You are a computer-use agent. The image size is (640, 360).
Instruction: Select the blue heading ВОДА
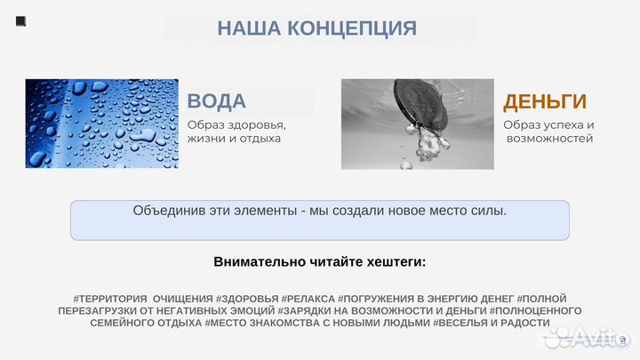217,100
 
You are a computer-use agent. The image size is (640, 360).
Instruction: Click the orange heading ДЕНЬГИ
545,100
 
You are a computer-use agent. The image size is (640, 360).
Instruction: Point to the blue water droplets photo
101,124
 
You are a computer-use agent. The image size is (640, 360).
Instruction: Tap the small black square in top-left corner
20,20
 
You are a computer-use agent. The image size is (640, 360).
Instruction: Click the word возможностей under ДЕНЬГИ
549,139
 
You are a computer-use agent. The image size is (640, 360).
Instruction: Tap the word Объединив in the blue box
169,211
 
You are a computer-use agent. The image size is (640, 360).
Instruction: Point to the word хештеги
392,261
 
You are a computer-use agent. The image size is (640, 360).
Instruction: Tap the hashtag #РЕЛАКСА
308,298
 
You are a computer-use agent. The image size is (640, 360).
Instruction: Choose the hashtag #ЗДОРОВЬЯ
246,298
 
